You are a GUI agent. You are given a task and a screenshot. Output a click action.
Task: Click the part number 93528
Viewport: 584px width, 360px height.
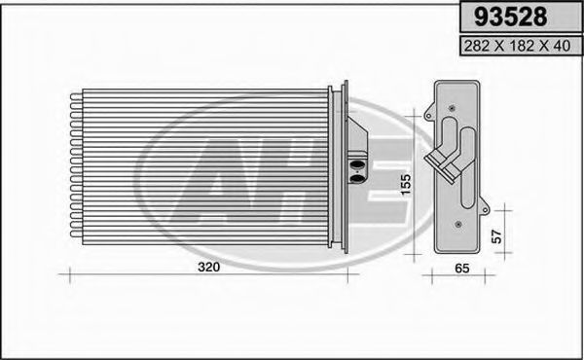click(510, 17)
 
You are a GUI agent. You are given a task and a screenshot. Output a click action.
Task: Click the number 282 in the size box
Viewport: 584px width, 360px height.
click(476, 46)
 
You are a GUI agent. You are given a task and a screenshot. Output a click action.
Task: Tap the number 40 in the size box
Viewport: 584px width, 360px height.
click(562, 46)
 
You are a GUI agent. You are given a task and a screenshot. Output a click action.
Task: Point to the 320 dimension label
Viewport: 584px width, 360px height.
click(209, 267)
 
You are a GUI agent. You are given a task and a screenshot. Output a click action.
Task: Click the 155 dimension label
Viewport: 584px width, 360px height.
click(405, 184)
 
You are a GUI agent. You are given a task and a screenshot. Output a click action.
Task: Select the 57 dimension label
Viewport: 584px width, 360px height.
click(496, 236)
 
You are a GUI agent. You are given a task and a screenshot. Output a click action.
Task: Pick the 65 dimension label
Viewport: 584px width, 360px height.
click(462, 268)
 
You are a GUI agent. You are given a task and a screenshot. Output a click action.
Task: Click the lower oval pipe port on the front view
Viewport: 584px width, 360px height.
click(357, 179)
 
